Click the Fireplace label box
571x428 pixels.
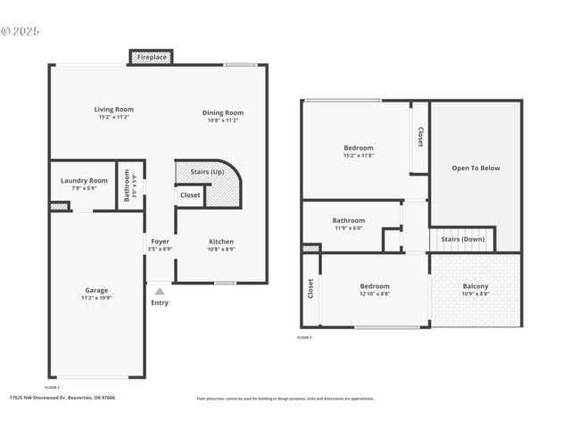tap(152, 57)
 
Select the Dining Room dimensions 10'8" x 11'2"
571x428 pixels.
tap(222, 120)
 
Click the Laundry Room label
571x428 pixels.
tap(84, 181)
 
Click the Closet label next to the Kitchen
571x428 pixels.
tap(190, 195)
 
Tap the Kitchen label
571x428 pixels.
tap(221, 242)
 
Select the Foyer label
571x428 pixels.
tap(160, 242)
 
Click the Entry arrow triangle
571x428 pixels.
tap(160, 291)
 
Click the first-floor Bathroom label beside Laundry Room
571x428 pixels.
tap(127, 186)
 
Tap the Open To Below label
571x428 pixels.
tap(476, 168)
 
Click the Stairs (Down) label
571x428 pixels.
tap(461, 239)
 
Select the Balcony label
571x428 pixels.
tap(475, 286)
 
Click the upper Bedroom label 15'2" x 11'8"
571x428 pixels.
tap(358, 148)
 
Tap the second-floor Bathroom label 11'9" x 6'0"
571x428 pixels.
tap(348, 220)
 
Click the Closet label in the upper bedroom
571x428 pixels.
tap(419, 136)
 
